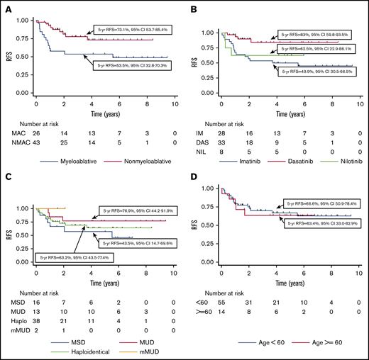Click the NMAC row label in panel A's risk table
[16, 145]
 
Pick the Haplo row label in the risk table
[16, 321]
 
